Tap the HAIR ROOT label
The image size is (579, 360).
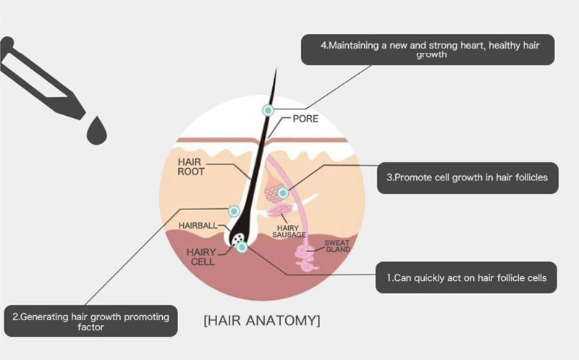tap(191, 167)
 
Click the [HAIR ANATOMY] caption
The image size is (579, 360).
tap(262, 319)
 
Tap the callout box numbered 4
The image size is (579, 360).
tap(429, 50)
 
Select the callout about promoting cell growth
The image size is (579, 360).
tap(468, 177)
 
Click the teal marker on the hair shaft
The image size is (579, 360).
tap(268, 109)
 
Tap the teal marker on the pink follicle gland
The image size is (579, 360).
tap(283, 193)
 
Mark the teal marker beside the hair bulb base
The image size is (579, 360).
tap(242, 247)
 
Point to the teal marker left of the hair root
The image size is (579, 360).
tap(234, 211)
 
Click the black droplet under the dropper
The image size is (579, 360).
tap(94, 131)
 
